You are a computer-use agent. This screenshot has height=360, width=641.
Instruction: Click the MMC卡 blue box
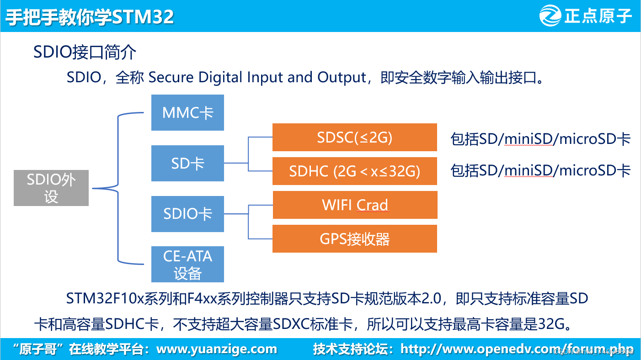[x=187, y=112]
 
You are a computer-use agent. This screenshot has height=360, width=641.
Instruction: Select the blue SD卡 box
[x=187, y=163]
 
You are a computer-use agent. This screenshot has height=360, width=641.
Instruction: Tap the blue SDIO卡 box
[x=187, y=213]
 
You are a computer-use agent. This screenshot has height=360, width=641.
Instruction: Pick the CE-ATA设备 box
[x=187, y=264]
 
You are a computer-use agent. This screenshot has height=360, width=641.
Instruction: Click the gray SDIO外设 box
[x=51, y=188]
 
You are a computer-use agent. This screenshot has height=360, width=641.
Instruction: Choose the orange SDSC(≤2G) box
[x=354, y=138]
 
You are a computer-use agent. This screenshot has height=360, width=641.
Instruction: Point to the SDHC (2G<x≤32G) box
[x=354, y=171]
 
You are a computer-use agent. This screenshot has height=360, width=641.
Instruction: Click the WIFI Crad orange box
[x=355, y=205]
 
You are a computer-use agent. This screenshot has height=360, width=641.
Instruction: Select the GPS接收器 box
[x=354, y=238]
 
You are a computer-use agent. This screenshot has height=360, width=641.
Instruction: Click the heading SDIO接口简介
[x=85, y=53]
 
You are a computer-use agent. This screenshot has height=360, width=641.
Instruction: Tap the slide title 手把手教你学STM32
[x=90, y=17]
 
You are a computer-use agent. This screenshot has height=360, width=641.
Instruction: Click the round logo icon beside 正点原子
[x=550, y=16]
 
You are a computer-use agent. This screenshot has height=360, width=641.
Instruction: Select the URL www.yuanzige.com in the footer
[x=217, y=349]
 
